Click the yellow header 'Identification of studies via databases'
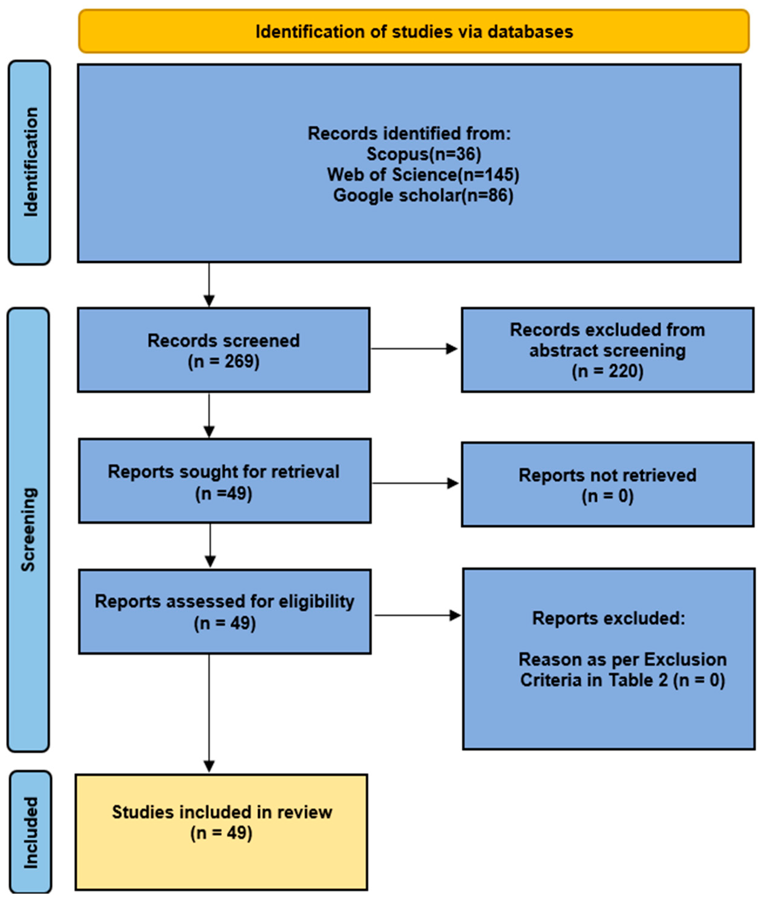(x=414, y=32)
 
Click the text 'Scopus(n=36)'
(x=423, y=154)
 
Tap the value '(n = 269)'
(x=224, y=361)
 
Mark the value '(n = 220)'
(x=607, y=371)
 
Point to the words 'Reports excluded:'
(x=608, y=618)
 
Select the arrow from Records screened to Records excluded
(x=414, y=349)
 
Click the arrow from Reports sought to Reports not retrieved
(x=415, y=483)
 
